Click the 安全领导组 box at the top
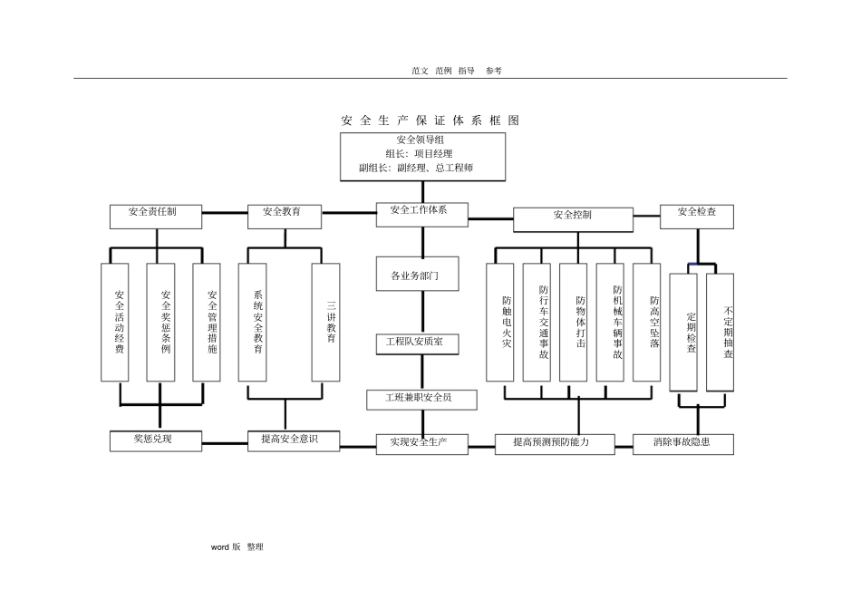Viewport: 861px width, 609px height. tap(422, 155)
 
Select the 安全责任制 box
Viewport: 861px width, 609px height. tap(155, 216)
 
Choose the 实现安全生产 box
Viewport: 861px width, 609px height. tap(422, 443)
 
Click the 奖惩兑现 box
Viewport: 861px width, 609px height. tap(155, 440)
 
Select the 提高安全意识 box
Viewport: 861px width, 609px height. tap(295, 440)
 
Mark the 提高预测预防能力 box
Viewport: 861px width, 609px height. tap(555, 443)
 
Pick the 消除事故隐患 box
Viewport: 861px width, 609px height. tap(683, 443)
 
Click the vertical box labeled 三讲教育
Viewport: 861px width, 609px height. tap(325, 322)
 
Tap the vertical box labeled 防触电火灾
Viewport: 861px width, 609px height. tap(499, 322)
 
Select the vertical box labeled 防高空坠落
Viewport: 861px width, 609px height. tap(647, 322)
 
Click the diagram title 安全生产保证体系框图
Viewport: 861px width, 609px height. tap(430, 121)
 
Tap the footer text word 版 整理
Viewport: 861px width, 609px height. tap(237, 547)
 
